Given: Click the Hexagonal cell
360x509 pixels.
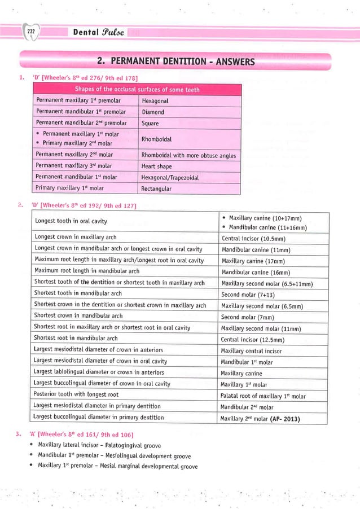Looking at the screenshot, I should (x=155, y=101).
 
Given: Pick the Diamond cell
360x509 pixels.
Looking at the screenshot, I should (x=153, y=112).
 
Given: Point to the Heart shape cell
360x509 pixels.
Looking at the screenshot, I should (x=157, y=166).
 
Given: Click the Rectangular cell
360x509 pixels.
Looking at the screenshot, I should (x=156, y=188).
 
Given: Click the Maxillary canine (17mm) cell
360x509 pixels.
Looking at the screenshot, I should (x=252, y=261).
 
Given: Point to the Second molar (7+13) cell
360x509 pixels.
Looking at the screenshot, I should (x=248, y=295).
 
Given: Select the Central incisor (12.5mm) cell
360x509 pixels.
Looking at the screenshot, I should (x=252, y=340).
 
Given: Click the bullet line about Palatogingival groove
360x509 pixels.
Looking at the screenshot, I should (x=107, y=445).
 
